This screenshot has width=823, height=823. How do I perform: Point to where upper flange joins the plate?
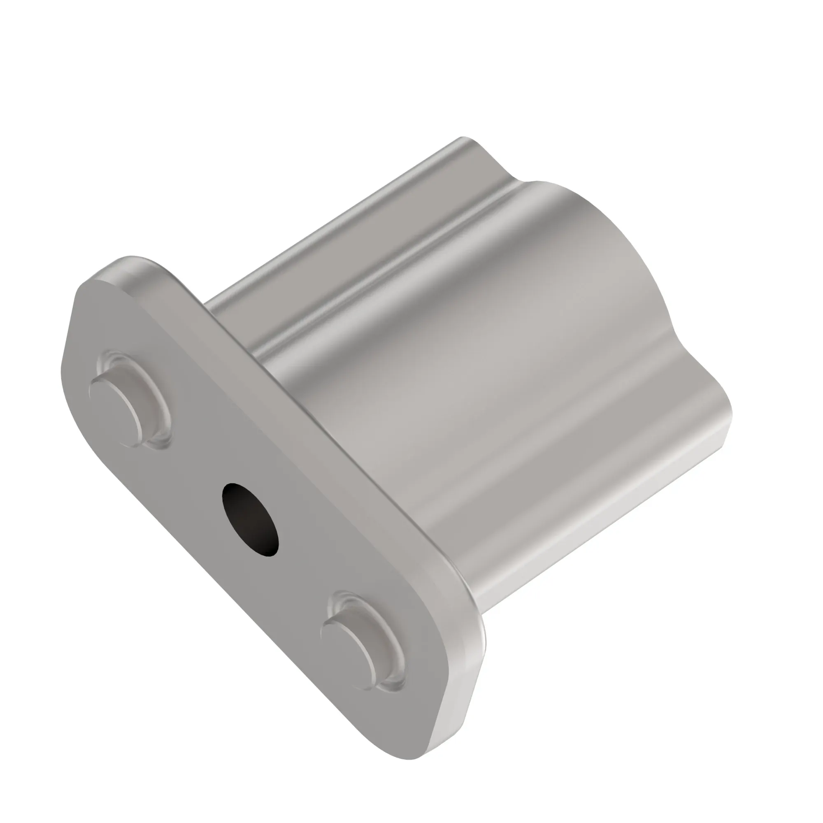213,307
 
